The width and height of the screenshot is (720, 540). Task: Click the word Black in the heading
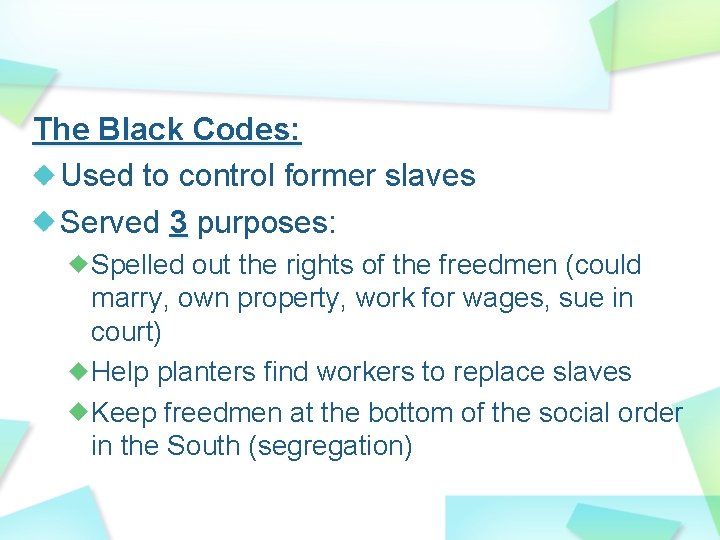(x=138, y=129)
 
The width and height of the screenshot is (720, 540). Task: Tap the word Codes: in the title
(x=247, y=129)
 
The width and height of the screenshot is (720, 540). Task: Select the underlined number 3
(x=178, y=222)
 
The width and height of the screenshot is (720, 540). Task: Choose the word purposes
(x=262, y=223)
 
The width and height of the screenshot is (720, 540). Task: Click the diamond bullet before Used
(x=44, y=176)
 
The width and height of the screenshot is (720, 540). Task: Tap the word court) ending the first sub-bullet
(x=125, y=331)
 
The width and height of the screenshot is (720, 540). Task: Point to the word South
(x=197, y=445)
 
